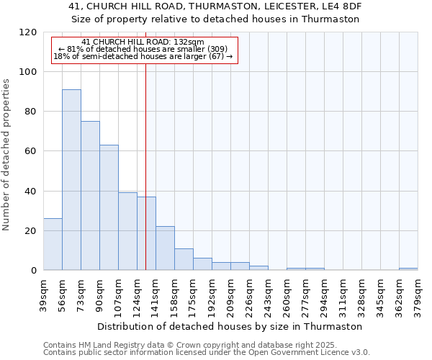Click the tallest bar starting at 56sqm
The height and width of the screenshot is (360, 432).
71,180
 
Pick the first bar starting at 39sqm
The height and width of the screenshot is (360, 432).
53,244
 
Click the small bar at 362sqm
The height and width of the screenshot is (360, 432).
408,269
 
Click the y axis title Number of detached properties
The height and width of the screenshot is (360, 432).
7,155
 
